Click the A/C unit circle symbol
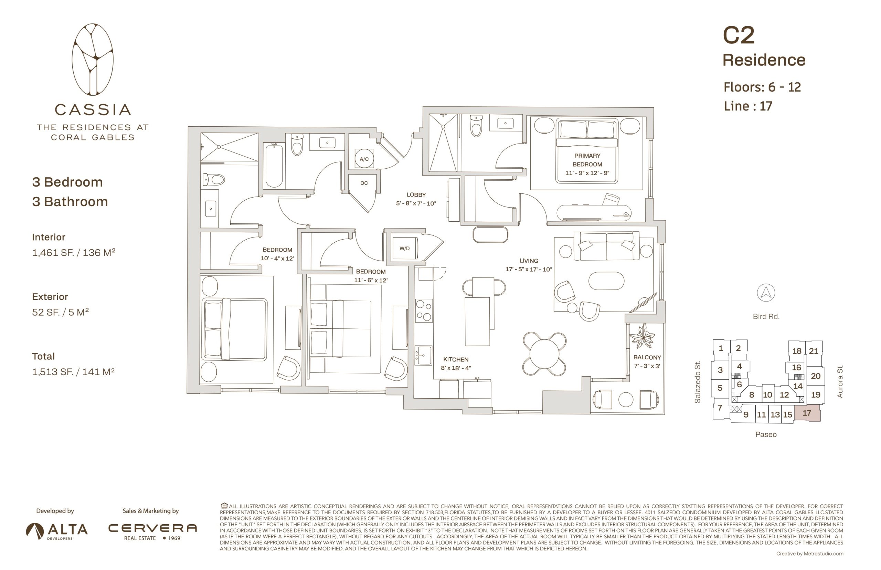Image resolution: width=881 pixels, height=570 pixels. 364,159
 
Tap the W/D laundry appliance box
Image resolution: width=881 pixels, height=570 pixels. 405,249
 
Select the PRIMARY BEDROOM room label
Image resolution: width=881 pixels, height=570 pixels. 587,160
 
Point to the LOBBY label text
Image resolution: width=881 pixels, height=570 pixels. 416,195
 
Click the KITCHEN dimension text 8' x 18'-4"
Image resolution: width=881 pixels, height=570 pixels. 456,368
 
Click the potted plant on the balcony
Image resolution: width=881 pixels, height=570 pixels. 643,336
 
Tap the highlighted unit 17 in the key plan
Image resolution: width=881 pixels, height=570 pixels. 807,413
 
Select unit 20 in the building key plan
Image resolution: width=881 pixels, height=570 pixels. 816,376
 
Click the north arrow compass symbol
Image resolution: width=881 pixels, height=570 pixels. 766,293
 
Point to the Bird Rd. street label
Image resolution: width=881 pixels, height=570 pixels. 766,316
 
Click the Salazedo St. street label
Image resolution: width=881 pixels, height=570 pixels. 698,382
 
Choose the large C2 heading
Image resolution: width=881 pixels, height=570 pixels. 739,35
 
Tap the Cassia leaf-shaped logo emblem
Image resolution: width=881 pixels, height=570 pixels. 93,60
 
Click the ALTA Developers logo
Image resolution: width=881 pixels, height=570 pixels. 57,531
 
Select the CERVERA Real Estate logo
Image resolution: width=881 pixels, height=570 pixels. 152,531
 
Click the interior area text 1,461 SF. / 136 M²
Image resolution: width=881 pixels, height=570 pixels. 74,252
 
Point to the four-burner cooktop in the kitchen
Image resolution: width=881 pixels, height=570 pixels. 424,310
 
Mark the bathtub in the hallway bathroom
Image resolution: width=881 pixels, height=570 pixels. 274,166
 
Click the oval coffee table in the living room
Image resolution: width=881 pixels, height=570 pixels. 606,281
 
